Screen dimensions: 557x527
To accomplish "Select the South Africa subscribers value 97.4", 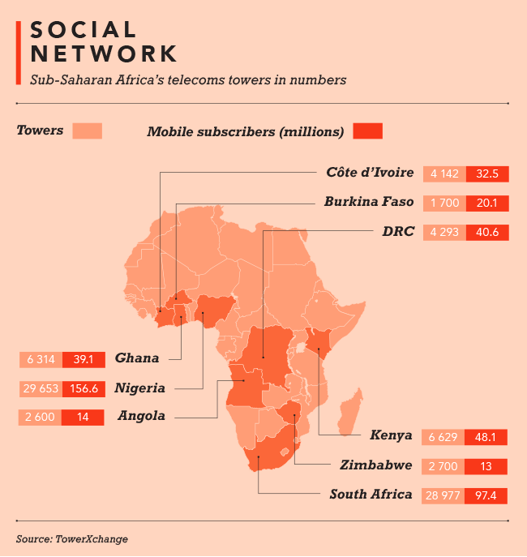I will (487, 495).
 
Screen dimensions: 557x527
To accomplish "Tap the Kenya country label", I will (392, 436).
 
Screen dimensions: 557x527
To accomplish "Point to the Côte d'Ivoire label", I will (371, 173).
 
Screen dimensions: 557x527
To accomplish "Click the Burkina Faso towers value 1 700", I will (444, 203).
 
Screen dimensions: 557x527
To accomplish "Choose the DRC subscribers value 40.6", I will (487, 232).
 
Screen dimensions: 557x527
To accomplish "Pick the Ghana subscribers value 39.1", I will (84, 359).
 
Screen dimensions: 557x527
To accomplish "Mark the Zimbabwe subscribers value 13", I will (487, 466).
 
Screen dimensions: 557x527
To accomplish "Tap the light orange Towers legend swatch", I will (87, 131).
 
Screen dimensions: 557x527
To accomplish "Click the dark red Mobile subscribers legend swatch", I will (367, 131).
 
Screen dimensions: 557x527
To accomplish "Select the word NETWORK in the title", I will (103, 54).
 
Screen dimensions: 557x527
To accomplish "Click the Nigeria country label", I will (140, 388).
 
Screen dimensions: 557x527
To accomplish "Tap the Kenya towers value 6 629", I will (444, 437).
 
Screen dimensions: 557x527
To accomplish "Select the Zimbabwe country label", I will (376, 465).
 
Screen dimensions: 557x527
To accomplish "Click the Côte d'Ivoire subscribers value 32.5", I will (487, 174).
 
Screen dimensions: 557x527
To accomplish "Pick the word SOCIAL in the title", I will (84, 30).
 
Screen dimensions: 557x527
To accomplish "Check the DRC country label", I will (398, 231).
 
